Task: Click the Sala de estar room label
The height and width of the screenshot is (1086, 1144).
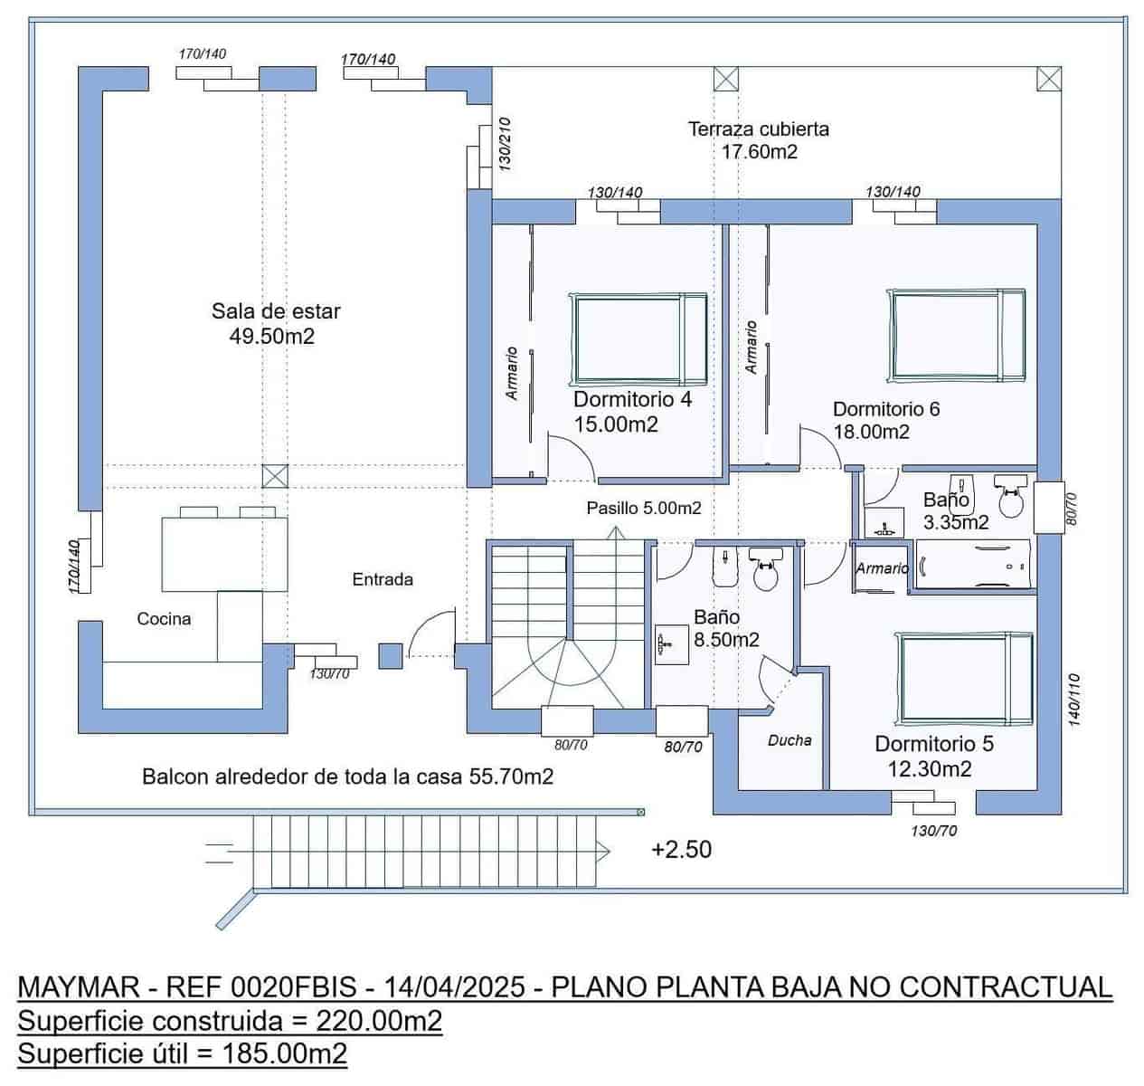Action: point(275,311)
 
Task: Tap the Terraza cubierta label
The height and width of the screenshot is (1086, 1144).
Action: point(758,129)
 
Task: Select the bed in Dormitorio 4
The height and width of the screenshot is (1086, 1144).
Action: point(638,338)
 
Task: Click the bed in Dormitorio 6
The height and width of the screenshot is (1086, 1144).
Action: point(956,336)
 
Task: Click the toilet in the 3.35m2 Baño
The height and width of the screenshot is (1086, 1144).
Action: point(1011,496)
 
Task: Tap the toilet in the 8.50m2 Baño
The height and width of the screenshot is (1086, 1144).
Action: point(765,569)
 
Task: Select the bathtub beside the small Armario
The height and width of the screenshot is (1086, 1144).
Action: point(973,564)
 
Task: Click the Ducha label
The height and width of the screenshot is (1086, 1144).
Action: point(789,740)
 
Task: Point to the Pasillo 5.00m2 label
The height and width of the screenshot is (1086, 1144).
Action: point(644,508)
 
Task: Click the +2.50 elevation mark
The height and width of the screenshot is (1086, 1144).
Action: point(681,850)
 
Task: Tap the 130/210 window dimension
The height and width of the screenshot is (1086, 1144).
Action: point(505,145)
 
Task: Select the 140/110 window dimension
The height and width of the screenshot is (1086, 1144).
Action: point(1074,700)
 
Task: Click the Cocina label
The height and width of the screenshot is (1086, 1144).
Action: point(164,618)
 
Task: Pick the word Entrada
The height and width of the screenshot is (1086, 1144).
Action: point(383,579)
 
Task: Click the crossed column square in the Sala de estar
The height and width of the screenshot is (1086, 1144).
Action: point(275,476)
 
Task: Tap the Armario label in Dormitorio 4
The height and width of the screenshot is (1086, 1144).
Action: point(512,373)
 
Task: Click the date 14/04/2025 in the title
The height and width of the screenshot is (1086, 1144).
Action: point(455,986)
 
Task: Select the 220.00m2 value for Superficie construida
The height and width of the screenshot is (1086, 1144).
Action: point(379,1021)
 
